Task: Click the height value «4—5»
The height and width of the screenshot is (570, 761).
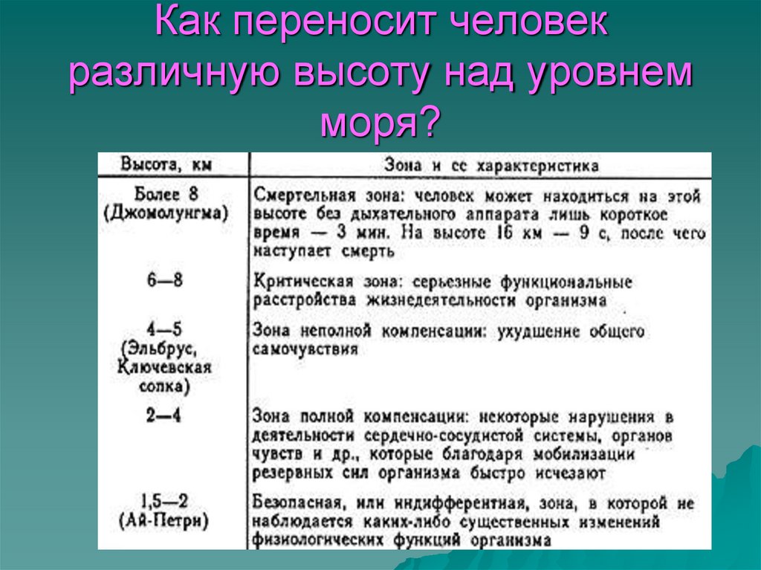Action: tap(164, 328)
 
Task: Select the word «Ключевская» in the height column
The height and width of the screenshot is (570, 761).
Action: tap(164, 367)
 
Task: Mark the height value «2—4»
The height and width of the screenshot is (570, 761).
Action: tap(164, 416)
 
